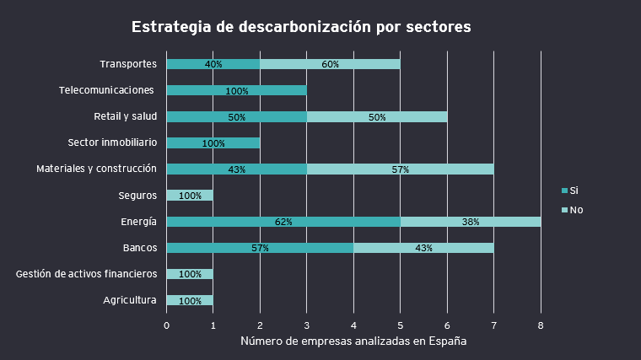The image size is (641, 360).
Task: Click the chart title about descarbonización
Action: [x=301, y=27]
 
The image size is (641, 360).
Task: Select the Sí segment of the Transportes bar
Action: [x=213, y=64]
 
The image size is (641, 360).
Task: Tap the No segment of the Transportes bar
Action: [x=330, y=64]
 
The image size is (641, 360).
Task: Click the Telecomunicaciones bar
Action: [x=236, y=90]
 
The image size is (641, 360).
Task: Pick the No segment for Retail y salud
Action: [x=377, y=117]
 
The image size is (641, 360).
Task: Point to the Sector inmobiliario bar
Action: [x=213, y=143]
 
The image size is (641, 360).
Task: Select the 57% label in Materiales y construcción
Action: [x=401, y=169]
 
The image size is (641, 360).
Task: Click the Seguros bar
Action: [x=190, y=196]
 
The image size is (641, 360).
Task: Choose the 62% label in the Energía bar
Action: [x=283, y=222]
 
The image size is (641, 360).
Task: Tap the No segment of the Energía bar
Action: [x=471, y=222]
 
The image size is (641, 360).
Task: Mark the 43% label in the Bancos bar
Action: [x=423, y=248]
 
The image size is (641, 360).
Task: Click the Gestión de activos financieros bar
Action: [x=190, y=274]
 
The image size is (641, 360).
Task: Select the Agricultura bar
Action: [x=190, y=300]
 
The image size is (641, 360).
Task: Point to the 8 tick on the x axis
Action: [x=541, y=325]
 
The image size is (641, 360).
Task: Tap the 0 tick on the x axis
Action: [x=166, y=325]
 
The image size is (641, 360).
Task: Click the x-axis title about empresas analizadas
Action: [x=353, y=341]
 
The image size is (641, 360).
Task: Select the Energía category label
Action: [x=138, y=222]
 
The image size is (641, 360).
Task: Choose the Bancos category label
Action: [x=139, y=248]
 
